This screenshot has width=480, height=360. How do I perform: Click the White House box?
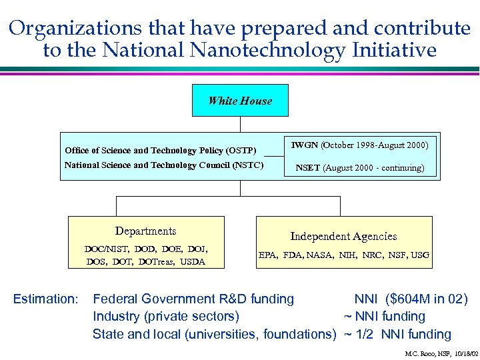(240, 101)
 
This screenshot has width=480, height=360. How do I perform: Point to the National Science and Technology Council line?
(163, 165)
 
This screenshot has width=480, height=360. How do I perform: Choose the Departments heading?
(145, 231)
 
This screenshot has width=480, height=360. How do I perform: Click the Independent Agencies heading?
(343, 236)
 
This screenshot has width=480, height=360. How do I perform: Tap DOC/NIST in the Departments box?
(105, 249)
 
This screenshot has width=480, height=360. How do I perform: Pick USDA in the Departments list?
(192, 262)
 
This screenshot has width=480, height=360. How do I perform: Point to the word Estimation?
(46, 299)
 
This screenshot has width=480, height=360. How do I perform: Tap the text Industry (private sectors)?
(165, 317)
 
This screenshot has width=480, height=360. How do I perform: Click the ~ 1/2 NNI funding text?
(397, 334)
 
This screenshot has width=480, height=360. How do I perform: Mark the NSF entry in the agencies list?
(397, 255)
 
